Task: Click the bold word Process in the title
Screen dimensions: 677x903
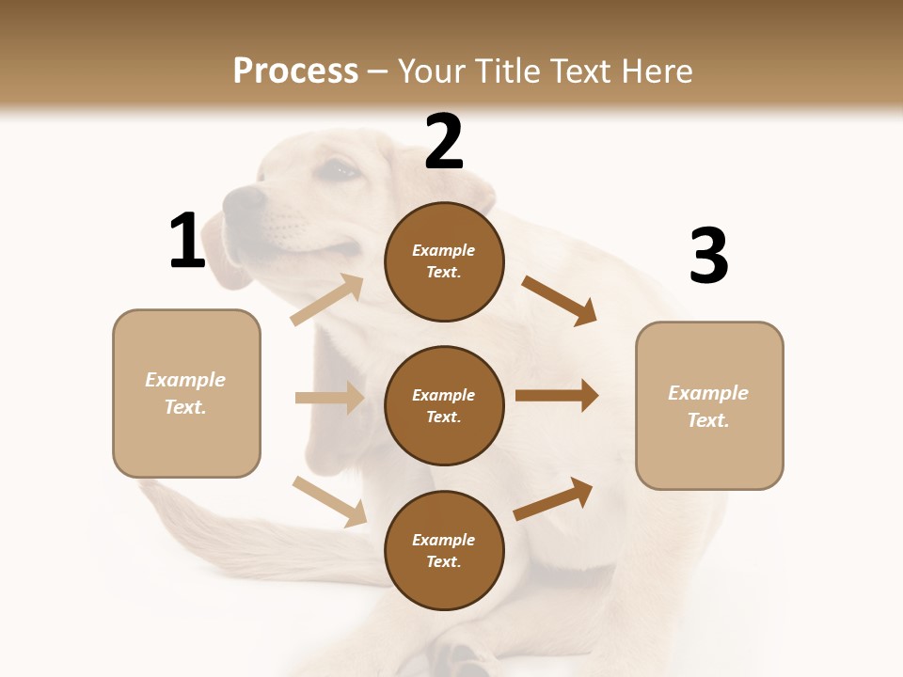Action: (295, 71)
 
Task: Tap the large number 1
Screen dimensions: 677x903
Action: (187, 242)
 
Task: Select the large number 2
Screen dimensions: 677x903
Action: (444, 143)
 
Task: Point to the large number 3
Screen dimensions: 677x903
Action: (708, 257)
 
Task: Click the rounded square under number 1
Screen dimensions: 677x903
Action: (186, 393)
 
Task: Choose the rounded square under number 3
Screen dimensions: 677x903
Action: (709, 406)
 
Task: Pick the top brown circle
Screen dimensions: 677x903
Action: (444, 261)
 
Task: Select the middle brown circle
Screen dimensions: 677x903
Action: (444, 406)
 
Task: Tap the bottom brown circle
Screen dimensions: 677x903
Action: (444, 551)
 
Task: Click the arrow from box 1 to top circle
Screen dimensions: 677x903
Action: (326, 300)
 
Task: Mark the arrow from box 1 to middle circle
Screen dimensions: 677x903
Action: (329, 398)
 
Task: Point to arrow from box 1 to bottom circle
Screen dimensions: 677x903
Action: (329, 500)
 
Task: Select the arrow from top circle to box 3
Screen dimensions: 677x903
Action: (560, 300)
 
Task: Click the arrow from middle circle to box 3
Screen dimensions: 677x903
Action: (557, 396)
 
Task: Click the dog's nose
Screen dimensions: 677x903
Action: (245, 198)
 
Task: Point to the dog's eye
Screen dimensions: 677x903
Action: (340, 171)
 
